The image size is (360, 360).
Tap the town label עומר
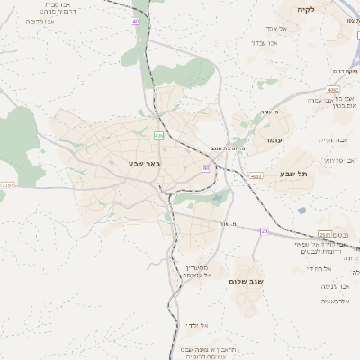coord(274,141)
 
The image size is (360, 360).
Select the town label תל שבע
coord(293,173)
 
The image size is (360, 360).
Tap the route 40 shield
coord(136,20)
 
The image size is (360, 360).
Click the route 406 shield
coord(158,136)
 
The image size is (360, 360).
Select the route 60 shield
coord(206,168)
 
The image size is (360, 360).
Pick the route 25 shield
coord(265,231)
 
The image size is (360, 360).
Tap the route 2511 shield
coord(324,234)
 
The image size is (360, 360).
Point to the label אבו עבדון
coord(270,43)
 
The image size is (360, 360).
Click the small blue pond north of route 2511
coord(301,211)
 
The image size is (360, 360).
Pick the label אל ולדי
coord(197,325)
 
